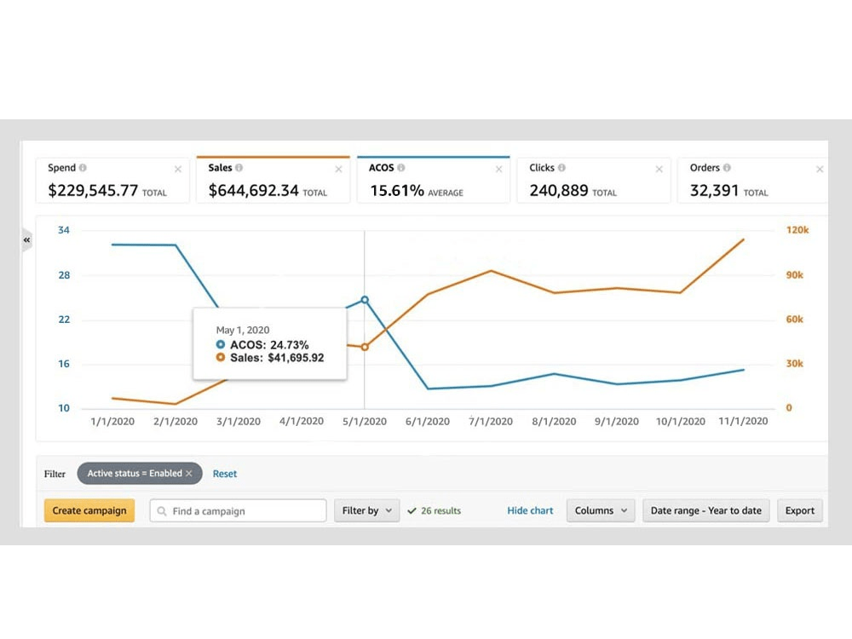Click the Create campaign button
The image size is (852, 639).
89,510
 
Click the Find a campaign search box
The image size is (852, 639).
239,510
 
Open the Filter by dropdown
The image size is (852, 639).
366,510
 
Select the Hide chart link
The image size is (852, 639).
530,510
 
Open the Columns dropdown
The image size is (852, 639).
601,510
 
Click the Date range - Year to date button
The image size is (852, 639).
706,510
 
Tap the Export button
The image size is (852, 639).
800,510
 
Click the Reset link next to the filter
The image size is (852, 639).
225,474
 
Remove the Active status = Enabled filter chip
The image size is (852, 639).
189,474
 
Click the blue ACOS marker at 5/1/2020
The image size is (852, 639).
365,299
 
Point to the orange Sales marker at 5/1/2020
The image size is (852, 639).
365,347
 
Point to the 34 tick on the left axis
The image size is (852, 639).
64,230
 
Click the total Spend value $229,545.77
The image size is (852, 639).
93,191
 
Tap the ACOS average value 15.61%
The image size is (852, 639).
396,191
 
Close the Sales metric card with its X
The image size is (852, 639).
338,170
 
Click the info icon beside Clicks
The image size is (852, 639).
561,168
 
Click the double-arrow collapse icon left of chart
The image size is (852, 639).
26,240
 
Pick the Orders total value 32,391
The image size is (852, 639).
714,191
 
